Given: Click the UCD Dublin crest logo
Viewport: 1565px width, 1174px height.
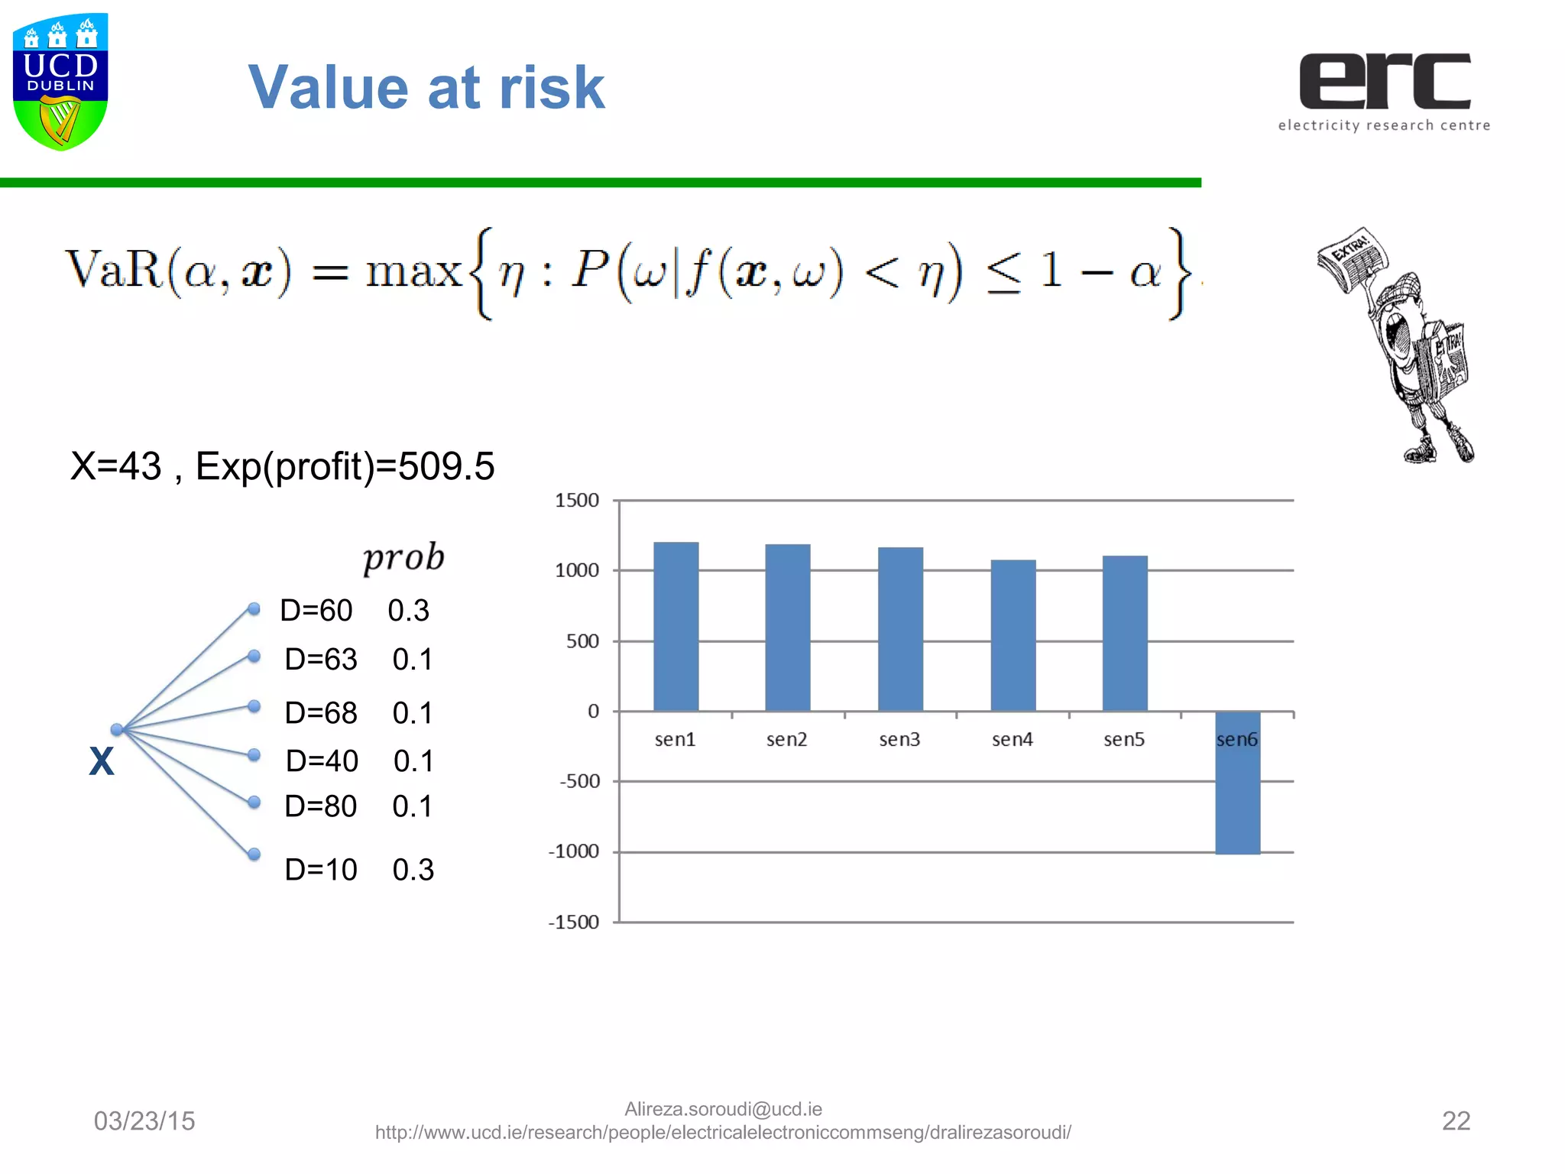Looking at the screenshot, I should pyautogui.click(x=60, y=82).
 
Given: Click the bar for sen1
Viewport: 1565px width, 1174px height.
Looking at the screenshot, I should pyautogui.click(x=676, y=627).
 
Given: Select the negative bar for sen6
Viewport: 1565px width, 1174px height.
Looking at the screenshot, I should pyautogui.click(x=1237, y=783).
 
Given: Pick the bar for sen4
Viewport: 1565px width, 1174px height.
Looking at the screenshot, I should pyautogui.click(x=1013, y=635).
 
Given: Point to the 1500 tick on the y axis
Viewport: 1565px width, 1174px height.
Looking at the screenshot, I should pyautogui.click(x=577, y=501).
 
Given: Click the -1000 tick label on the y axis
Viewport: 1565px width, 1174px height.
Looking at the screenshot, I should pyautogui.click(x=574, y=851).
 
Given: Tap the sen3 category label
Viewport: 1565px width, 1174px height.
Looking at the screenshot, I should pyautogui.click(x=899, y=739).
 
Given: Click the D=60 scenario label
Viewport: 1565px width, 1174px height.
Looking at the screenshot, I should pyautogui.click(x=316, y=611).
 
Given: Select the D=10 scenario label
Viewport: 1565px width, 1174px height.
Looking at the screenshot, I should pyautogui.click(x=321, y=870).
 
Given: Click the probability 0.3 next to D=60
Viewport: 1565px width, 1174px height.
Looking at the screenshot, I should pyautogui.click(x=408, y=611).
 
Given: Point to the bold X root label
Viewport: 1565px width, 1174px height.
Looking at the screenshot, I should pyautogui.click(x=102, y=761).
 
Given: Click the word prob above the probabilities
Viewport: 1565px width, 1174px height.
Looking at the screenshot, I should pyautogui.click(x=403, y=557).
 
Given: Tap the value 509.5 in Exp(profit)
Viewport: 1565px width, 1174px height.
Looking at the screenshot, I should pyautogui.click(x=446, y=466).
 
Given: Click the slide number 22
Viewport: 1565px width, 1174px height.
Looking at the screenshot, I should pyautogui.click(x=1455, y=1120).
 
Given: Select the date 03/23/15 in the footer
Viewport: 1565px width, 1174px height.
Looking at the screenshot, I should pyautogui.click(x=144, y=1120).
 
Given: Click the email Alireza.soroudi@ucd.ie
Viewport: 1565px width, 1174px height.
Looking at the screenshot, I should pyautogui.click(x=723, y=1109).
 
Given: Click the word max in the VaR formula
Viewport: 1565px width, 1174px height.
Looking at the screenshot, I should pyautogui.click(x=413, y=272).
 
